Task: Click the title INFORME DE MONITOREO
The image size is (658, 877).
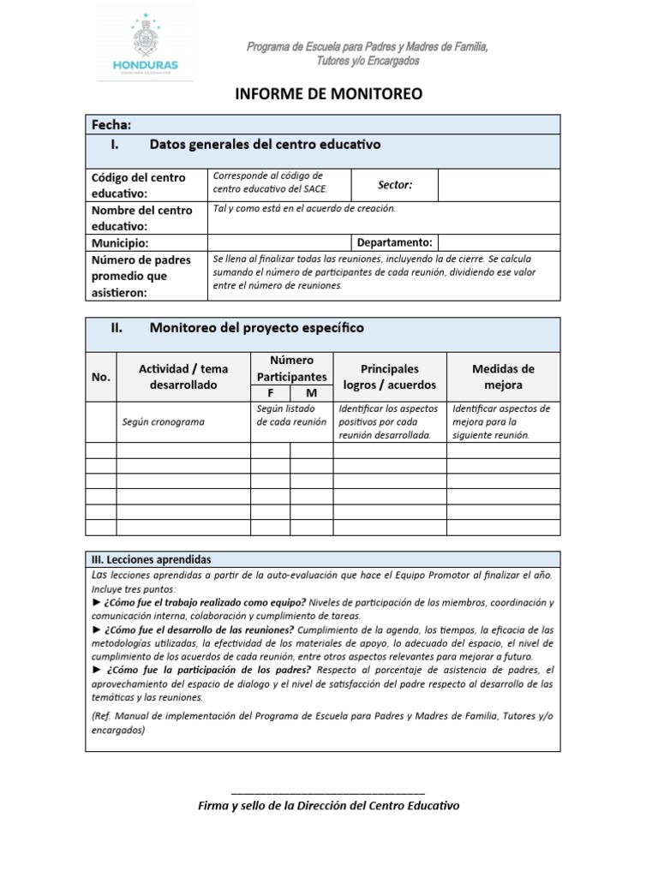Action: pyautogui.click(x=329, y=94)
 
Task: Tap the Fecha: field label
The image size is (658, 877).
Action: pyautogui.click(x=111, y=125)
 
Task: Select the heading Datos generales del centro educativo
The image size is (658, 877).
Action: pyautogui.click(x=265, y=145)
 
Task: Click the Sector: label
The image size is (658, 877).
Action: pyautogui.click(x=395, y=185)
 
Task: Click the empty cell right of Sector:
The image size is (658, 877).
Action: pyautogui.click(x=499, y=185)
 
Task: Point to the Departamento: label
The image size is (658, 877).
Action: pyautogui.click(x=394, y=242)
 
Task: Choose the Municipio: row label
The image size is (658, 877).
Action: pyautogui.click(x=121, y=242)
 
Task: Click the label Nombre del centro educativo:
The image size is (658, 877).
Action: pyautogui.click(x=141, y=218)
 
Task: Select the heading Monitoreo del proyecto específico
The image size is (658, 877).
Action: pyautogui.click(x=256, y=328)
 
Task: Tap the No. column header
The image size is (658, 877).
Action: pyautogui.click(x=101, y=377)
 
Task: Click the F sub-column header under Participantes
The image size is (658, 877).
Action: pyautogui.click(x=270, y=393)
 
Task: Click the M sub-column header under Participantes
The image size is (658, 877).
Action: pyautogui.click(x=311, y=393)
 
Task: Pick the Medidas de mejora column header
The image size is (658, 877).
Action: pyautogui.click(x=503, y=377)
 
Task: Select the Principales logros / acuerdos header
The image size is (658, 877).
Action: pyautogui.click(x=389, y=377)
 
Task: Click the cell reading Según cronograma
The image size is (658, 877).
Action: pyautogui.click(x=163, y=422)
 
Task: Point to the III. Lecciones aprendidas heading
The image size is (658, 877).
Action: pyautogui.click(x=151, y=558)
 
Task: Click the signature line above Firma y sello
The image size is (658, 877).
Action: pyautogui.click(x=328, y=792)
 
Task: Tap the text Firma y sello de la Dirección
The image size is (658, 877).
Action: pyautogui.click(x=328, y=807)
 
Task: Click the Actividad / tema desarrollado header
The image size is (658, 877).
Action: pyautogui.click(x=183, y=377)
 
